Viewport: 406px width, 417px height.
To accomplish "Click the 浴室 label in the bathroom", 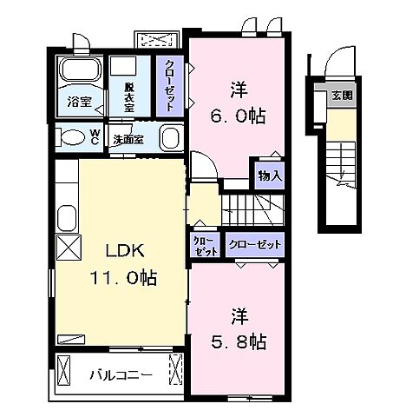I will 80,102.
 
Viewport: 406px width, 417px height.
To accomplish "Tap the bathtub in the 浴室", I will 80,73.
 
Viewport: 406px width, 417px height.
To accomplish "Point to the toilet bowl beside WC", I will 70,137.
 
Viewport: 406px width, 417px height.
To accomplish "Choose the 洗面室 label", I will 128,139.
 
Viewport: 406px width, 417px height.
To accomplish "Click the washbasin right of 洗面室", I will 169,138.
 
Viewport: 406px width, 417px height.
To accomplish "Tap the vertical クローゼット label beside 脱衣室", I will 170,86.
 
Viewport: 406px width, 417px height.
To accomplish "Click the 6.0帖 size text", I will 237,116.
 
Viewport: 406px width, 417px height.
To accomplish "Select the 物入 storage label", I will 269,175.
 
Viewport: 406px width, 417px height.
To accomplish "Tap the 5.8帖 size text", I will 237,341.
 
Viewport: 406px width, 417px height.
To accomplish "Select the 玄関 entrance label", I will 342,96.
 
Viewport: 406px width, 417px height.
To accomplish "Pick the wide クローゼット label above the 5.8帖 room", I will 255,245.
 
